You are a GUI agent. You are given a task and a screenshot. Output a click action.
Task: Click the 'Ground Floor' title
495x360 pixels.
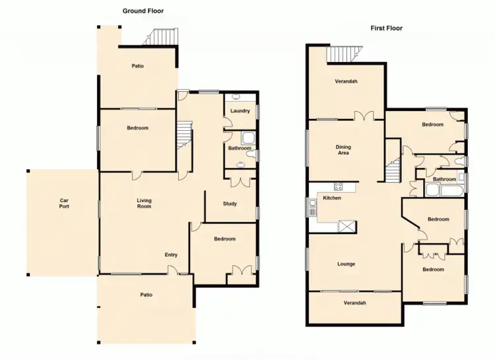(143, 11)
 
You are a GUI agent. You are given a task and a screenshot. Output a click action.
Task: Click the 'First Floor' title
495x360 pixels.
(386, 28)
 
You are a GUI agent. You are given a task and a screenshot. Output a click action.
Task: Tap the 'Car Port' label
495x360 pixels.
(64, 203)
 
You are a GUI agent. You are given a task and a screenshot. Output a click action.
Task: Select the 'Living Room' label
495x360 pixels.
(144, 203)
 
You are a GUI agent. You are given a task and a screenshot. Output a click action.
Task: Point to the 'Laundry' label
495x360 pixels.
(240, 111)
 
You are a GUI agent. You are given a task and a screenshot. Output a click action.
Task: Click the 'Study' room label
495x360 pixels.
(230, 203)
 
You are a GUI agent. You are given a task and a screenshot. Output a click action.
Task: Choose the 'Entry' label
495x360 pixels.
(172, 254)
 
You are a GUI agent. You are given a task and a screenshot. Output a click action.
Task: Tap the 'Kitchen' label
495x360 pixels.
(331, 198)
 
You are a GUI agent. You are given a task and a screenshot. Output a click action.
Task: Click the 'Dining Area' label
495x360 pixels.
(343, 150)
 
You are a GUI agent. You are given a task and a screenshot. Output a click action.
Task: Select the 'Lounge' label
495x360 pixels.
(346, 264)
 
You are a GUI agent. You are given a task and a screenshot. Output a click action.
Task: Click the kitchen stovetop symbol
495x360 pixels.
(337, 187)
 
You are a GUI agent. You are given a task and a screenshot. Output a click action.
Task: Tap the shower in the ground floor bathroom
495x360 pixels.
(249, 139)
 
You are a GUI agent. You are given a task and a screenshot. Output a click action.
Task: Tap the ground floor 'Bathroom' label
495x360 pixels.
(240, 149)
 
